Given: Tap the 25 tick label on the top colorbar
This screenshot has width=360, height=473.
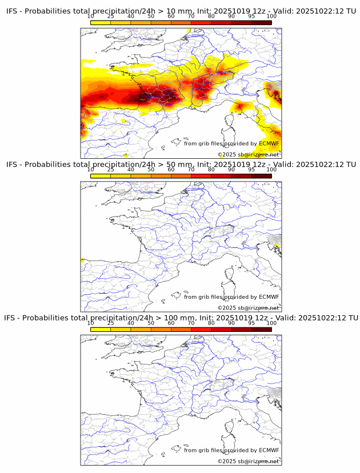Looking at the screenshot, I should click(111, 17).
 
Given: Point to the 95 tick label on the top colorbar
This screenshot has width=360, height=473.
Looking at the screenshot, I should click(251, 17).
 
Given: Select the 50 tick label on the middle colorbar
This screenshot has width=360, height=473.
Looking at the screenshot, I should click(151, 170).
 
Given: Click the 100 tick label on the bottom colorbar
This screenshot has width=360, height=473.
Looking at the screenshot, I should click(271, 323).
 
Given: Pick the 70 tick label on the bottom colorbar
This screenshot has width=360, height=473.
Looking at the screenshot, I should click(191, 323).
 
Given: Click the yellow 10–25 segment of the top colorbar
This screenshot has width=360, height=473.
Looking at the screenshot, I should click(101, 22).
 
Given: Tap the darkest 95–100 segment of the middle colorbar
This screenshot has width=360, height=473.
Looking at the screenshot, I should click(261, 175).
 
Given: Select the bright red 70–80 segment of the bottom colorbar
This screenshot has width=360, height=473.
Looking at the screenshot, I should click(201, 328).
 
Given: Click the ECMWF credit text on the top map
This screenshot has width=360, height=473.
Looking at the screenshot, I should click(231, 144).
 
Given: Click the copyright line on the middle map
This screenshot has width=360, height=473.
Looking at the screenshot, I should click(248, 307).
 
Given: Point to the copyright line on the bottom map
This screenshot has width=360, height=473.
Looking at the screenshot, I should click(248, 461).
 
